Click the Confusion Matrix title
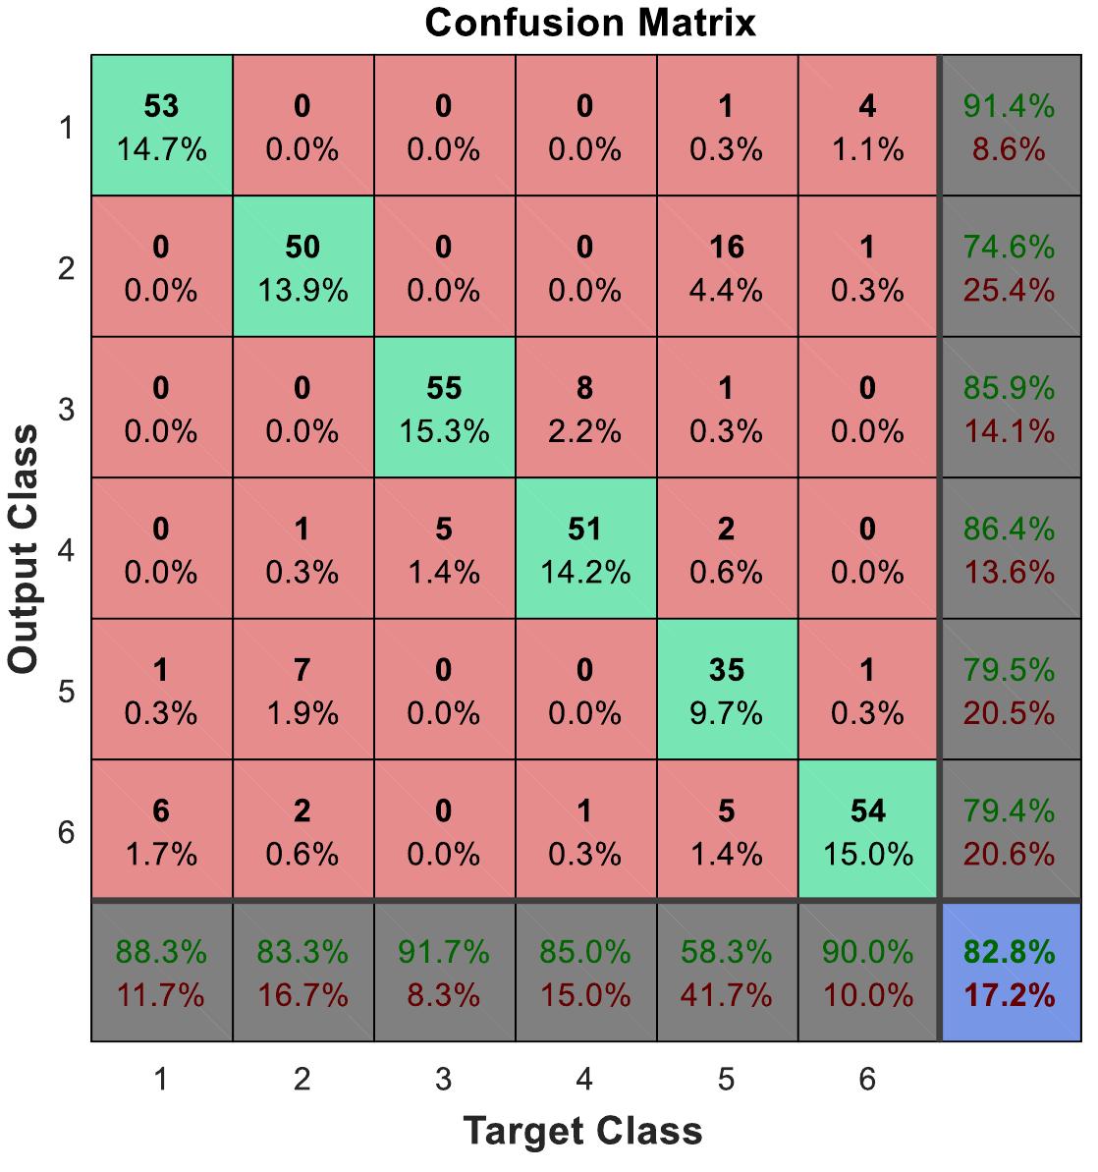click(590, 22)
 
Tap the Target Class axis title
click(583, 1131)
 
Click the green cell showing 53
click(162, 127)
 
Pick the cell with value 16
click(727, 267)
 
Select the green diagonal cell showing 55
click(444, 409)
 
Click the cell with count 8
click(585, 409)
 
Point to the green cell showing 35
click(727, 691)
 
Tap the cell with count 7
click(302, 691)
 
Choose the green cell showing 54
click(868, 831)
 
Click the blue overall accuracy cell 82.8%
click(1010, 973)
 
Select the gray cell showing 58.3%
click(727, 973)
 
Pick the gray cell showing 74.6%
click(1010, 267)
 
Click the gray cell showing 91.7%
click(444, 973)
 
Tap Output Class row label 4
click(66, 551)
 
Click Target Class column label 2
click(302, 1080)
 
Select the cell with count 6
click(162, 831)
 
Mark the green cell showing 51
click(585, 549)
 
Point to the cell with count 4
click(868, 127)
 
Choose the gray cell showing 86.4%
click(1010, 549)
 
